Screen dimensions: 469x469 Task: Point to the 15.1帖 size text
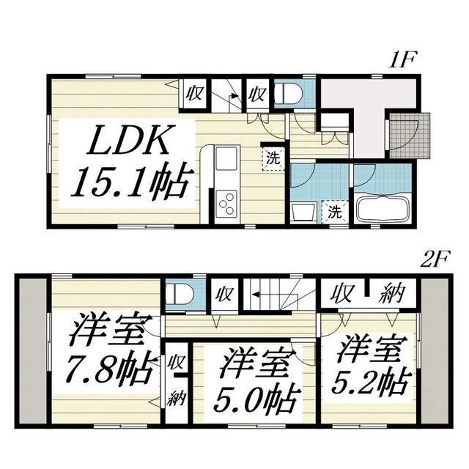point(132,180)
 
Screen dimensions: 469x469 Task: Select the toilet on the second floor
point(179,295)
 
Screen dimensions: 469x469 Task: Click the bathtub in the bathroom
point(383,207)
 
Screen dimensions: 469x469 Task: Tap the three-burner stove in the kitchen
point(227,200)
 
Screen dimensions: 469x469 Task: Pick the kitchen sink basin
point(226,158)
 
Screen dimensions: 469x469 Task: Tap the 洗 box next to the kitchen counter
point(272,156)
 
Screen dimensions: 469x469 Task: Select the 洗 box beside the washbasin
point(334,212)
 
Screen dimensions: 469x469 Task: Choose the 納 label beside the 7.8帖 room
point(177,399)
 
